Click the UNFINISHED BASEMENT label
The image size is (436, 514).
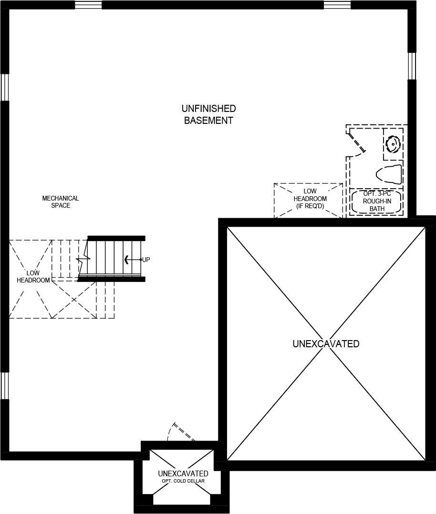click(x=208, y=115)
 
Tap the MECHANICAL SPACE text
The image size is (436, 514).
click(x=61, y=202)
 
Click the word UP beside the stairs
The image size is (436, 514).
click(x=146, y=260)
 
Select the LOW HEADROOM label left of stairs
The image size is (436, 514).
click(x=33, y=277)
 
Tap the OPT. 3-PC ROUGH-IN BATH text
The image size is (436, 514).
click(x=377, y=201)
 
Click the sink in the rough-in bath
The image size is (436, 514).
click(x=393, y=144)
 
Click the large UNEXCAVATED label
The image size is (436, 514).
click(x=326, y=344)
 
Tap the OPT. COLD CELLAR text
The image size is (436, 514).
click(x=183, y=481)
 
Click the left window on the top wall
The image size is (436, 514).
click(x=88, y=5)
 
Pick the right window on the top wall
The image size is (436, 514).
click(x=337, y=5)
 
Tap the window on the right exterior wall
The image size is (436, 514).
click(x=412, y=66)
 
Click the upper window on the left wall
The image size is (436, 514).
click(x=5, y=87)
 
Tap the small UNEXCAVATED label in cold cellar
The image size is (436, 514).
click(x=183, y=474)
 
